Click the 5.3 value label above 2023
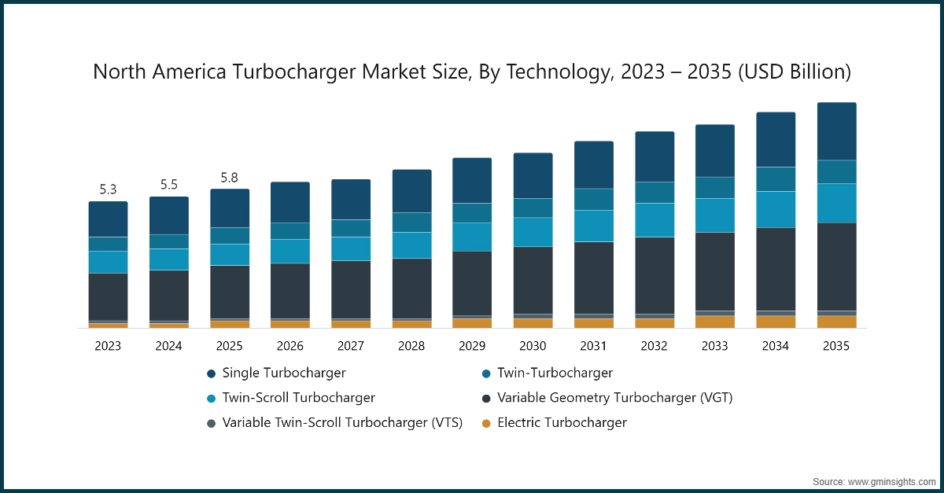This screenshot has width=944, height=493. click(x=108, y=189)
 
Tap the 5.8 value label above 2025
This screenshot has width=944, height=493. click(x=230, y=177)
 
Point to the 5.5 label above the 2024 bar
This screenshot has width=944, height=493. click(x=169, y=185)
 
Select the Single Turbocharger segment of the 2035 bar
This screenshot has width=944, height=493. click(x=836, y=131)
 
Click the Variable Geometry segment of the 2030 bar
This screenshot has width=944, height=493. click(x=533, y=280)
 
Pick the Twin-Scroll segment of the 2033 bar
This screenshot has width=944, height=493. click(x=715, y=215)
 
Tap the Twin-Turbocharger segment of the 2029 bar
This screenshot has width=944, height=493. click(x=472, y=212)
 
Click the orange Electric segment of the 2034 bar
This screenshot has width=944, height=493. click(x=776, y=322)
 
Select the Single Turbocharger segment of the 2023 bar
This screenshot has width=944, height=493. click(x=108, y=219)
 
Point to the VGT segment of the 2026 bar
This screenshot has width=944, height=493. click(x=290, y=290)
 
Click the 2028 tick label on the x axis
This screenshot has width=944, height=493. click(x=411, y=346)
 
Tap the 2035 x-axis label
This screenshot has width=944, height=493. click(x=836, y=346)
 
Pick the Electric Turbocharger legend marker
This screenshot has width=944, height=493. click(x=486, y=423)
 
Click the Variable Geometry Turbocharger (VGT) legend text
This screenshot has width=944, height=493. click(x=614, y=398)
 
